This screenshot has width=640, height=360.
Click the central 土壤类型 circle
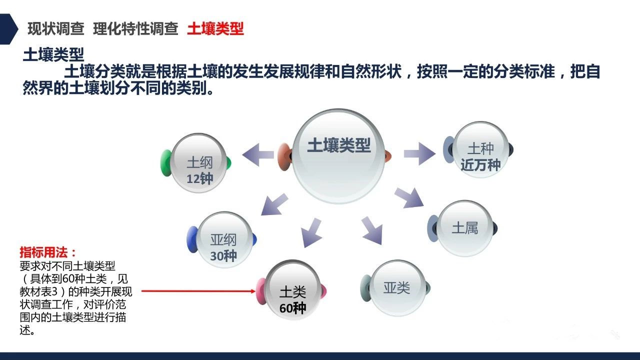(x=338, y=156)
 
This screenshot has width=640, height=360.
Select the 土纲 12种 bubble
(x=199, y=163)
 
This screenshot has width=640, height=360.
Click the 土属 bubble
(x=465, y=228)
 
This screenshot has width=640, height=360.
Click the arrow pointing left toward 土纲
(x=257, y=155)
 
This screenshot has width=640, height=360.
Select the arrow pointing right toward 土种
(x=419, y=153)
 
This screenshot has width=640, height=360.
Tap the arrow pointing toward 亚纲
(x=273, y=205)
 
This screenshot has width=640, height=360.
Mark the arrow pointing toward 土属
(x=409, y=197)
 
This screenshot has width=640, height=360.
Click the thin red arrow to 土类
(x=198, y=291)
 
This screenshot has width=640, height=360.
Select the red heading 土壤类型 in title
(x=215, y=29)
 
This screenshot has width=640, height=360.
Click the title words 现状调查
(x=56, y=29)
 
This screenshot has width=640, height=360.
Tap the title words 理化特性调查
(x=135, y=29)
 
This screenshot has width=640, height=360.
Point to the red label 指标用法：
(x=48, y=252)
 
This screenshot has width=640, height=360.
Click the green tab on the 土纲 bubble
(x=165, y=163)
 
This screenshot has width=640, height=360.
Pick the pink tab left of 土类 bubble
(x=261, y=291)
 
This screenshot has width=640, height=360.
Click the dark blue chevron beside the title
(x=8, y=29)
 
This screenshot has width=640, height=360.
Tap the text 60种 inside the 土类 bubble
(x=293, y=308)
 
